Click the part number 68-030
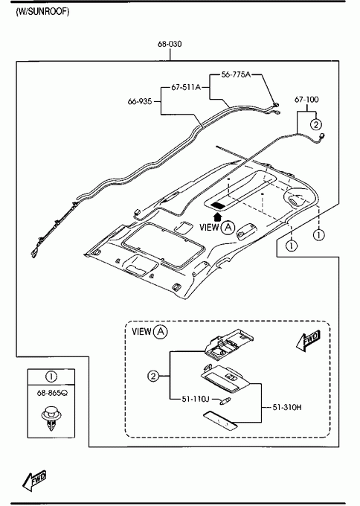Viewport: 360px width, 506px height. [170, 44]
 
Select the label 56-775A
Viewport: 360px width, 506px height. [236, 74]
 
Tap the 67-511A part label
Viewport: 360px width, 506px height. [186, 87]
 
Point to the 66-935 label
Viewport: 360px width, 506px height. [140, 101]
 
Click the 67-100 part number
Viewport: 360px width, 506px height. [306, 100]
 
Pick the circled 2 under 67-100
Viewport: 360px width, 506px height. [316, 124]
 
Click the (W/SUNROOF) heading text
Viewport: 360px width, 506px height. [42, 12]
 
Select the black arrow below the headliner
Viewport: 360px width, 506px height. [219, 217]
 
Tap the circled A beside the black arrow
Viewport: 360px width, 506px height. [228, 227]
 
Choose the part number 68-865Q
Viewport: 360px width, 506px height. [52, 393]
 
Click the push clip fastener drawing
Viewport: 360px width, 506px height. [51, 418]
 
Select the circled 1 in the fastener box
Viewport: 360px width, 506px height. [51, 377]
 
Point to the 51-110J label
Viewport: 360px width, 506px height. [196, 399]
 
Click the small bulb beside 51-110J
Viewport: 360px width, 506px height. [224, 401]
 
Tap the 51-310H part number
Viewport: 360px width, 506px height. [287, 407]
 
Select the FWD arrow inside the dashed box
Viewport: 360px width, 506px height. [309, 341]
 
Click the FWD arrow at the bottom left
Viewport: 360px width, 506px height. [34, 480]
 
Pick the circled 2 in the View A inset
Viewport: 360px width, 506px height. [153, 376]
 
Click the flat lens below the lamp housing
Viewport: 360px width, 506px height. [221, 421]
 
